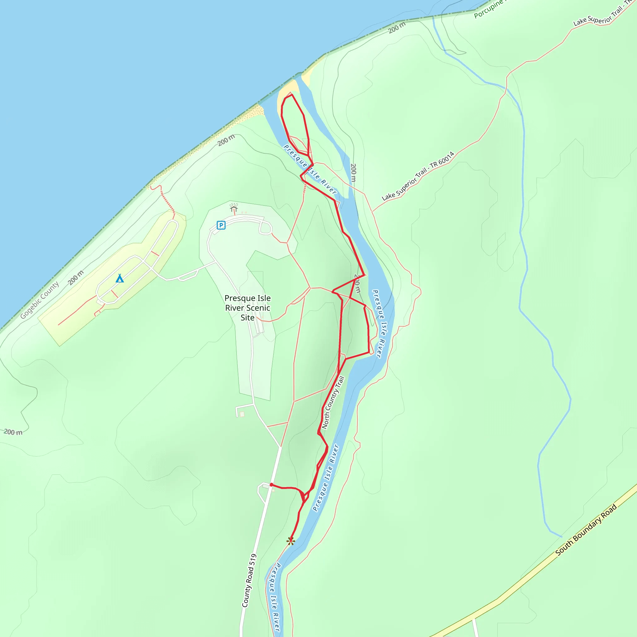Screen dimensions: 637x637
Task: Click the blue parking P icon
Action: click(x=221, y=225)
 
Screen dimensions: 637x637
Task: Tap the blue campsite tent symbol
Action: click(x=120, y=279)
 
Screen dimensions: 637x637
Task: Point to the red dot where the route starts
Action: click(x=271, y=485)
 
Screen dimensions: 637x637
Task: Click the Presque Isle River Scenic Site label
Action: click(x=247, y=308)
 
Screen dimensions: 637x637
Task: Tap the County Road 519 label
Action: click(x=249, y=580)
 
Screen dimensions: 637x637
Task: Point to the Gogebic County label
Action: click(x=39, y=300)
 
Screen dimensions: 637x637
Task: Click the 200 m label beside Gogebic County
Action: click(x=76, y=278)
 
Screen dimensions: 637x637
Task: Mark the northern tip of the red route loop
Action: click(x=291, y=95)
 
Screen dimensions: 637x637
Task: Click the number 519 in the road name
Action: click(x=253, y=560)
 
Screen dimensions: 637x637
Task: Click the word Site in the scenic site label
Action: click(x=247, y=318)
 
